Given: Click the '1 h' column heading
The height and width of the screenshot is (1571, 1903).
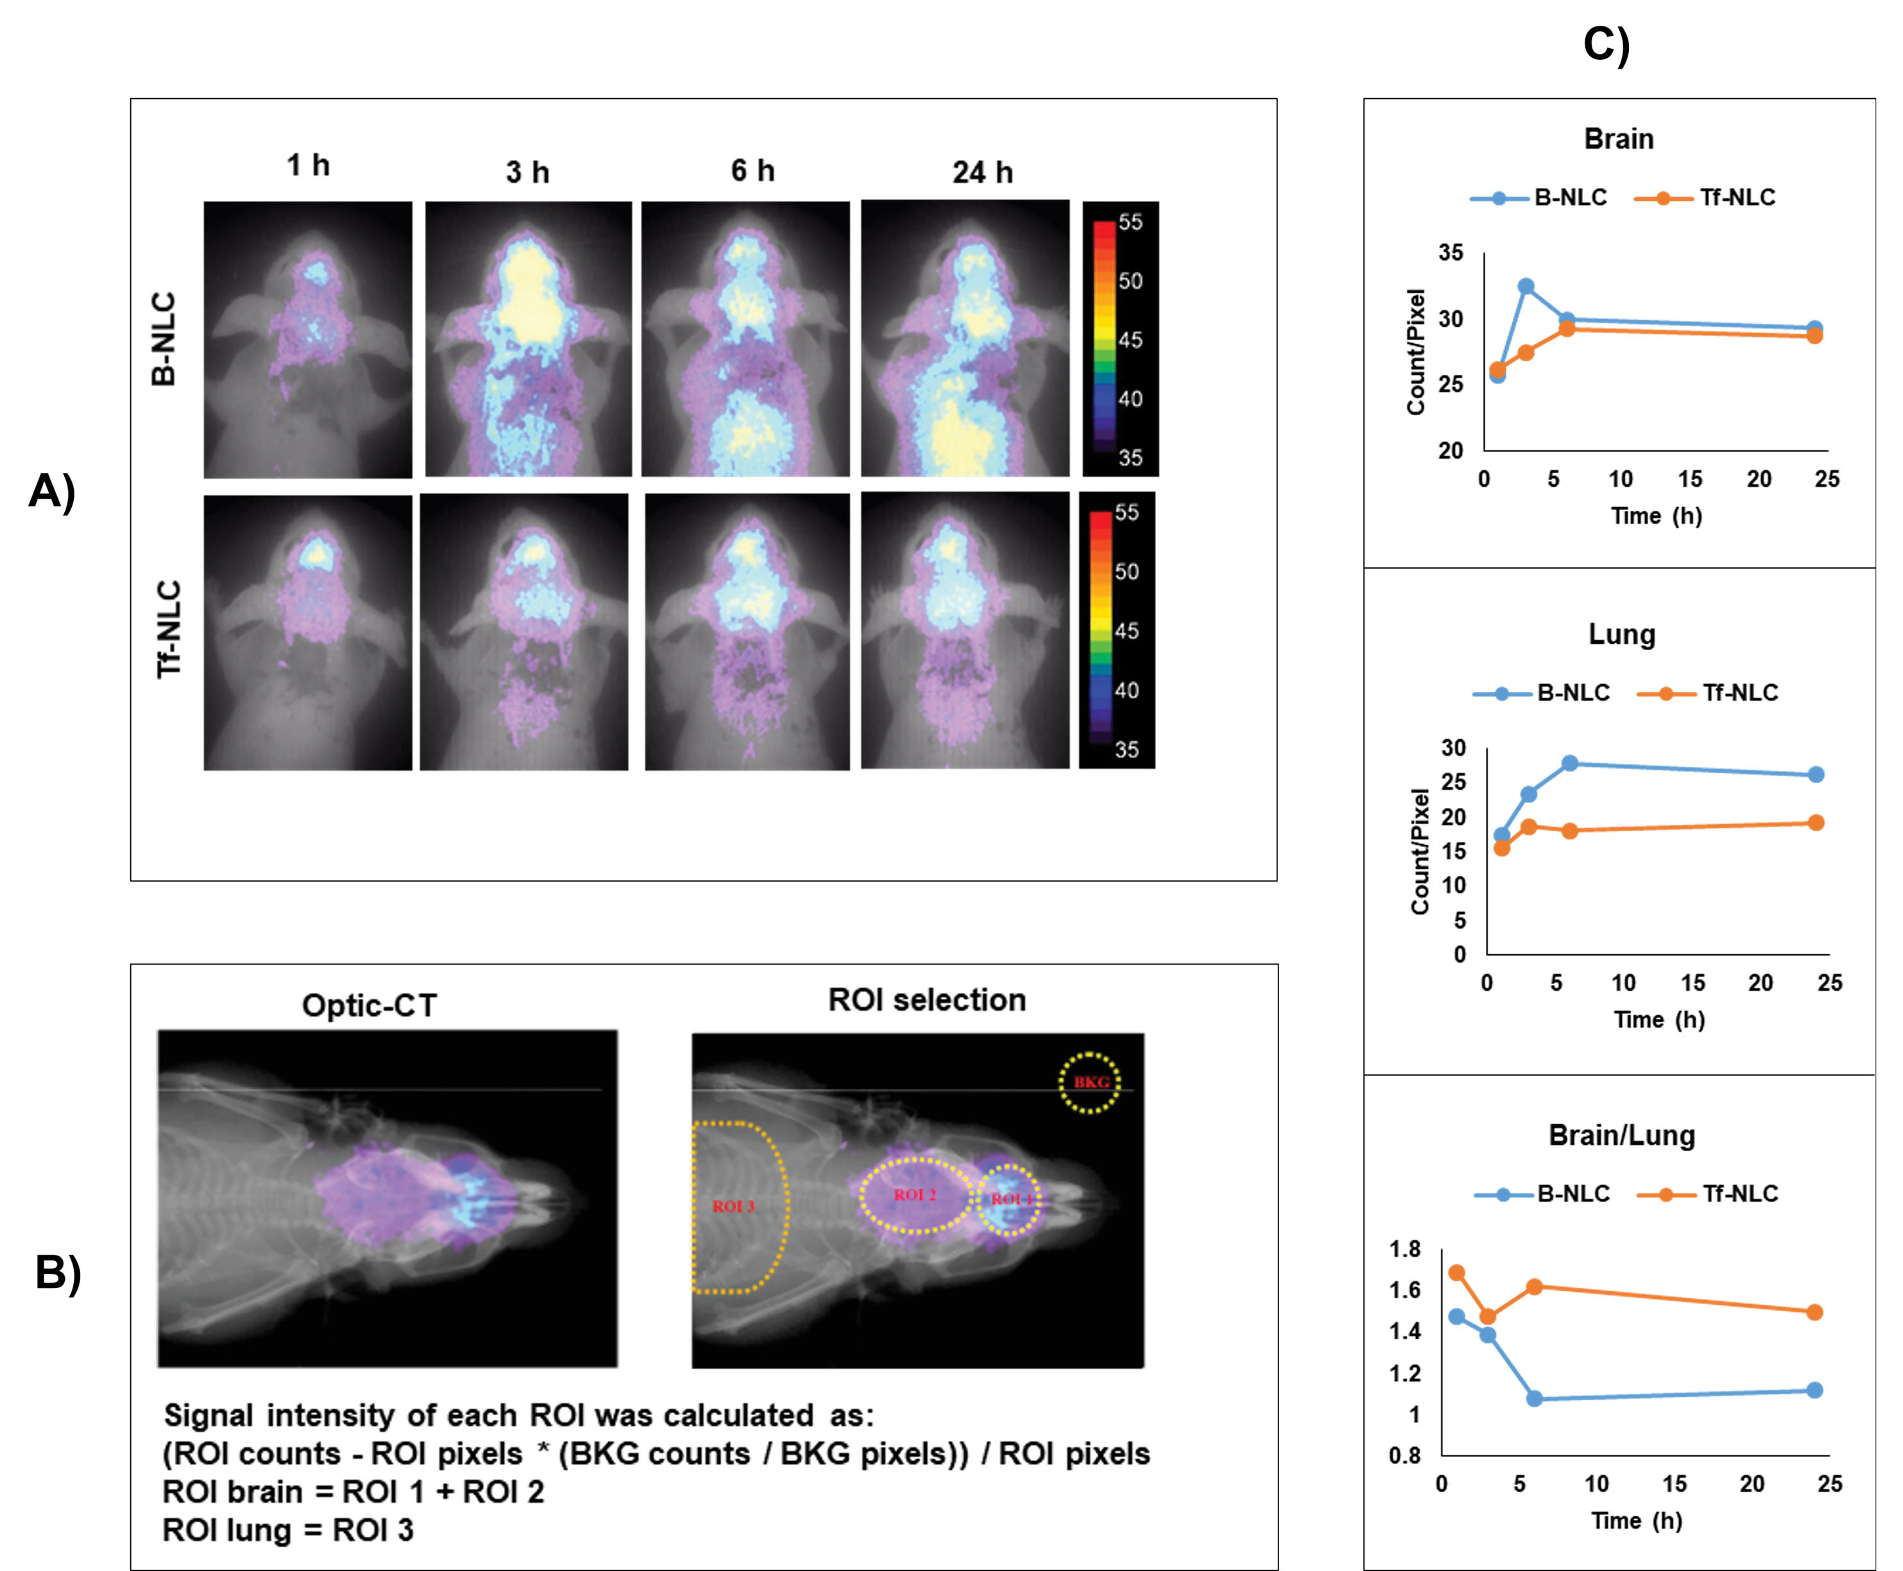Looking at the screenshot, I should pyautogui.click(x=307, y=166).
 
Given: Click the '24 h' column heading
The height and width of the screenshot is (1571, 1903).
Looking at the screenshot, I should pyautogui.click(x=982, y=172).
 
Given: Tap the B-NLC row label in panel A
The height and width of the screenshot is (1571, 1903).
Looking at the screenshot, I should pyautogui.click(x=164, y=339).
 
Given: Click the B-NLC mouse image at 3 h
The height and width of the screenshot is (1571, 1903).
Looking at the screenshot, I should pyautogui.click(x=528, y=339).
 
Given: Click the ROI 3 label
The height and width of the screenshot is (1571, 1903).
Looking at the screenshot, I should pyautogui.click(x=733, y=1206).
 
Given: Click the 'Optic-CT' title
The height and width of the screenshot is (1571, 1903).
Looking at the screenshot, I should pyautogui.click(x=369, y=1006).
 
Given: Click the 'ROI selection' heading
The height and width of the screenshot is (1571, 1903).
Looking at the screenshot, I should pyautogui.click(x=927, y=1000).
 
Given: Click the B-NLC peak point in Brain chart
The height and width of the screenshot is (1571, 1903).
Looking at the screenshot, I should pyautogui.click(x=1526, y=287).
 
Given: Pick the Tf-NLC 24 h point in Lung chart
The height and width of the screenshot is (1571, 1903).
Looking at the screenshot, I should pyautogui.click(x=1815, y=823).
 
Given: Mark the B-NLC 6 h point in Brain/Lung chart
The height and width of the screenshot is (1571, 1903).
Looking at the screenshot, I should pyautogui.click(x=1535, y=1399).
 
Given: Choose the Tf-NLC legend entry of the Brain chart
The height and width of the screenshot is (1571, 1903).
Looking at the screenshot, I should pyautogui.click(x=1706, y=197).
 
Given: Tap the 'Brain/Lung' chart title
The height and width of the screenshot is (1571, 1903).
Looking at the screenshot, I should pyautogui.click(x=1622, y=1136).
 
